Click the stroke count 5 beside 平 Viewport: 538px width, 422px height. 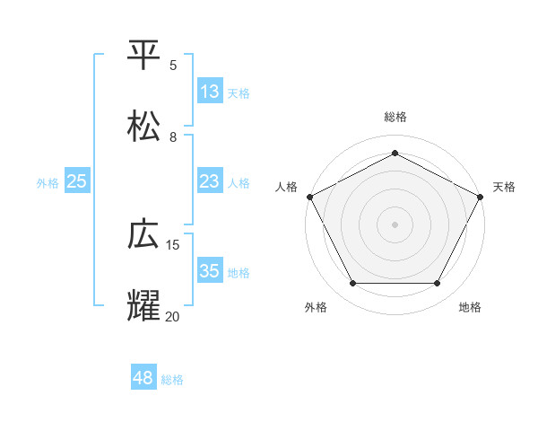(x=173, y=66)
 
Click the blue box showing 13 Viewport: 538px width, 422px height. (x=210, y=92)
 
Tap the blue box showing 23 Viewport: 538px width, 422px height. (x=210, y=181)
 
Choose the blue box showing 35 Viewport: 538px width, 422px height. (x=210, y=271)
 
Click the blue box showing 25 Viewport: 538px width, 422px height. (x=77, y=181)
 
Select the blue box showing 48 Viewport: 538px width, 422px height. (x=143, y=378)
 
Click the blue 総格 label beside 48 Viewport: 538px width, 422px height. (x=172, y=380)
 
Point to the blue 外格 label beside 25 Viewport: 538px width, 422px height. (x=48, y=182)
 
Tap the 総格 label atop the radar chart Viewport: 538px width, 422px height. (x=395, y=117)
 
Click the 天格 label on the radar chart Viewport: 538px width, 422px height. (x=504, y=187)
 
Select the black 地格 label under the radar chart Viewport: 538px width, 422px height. (x=470, y=308)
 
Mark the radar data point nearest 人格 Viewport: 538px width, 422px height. (x=309, y=196)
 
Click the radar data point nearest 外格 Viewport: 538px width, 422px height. (x=352, y=284)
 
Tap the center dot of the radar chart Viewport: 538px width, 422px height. (x=395, y=224)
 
